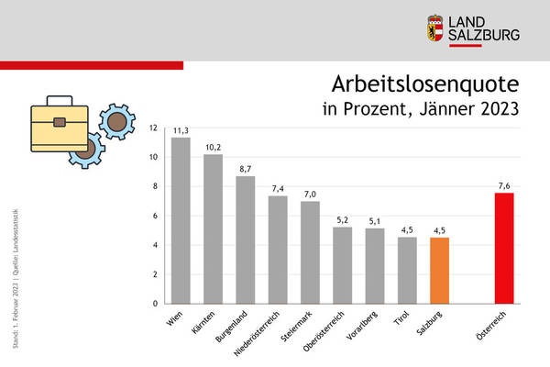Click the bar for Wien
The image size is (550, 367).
(181, 220)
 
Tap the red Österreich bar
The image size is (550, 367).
(504, 248)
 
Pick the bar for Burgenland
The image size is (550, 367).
(246, 239)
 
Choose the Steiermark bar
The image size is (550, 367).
(311, 252)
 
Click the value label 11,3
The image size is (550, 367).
(181, 130)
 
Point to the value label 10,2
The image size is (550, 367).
(213, 146)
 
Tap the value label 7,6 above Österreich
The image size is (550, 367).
(504, 184)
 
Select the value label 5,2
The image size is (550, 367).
(343, 219)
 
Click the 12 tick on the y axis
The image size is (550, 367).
(155, 128)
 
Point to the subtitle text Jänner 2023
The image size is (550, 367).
(473, 111)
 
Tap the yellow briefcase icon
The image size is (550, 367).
(60, 123)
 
